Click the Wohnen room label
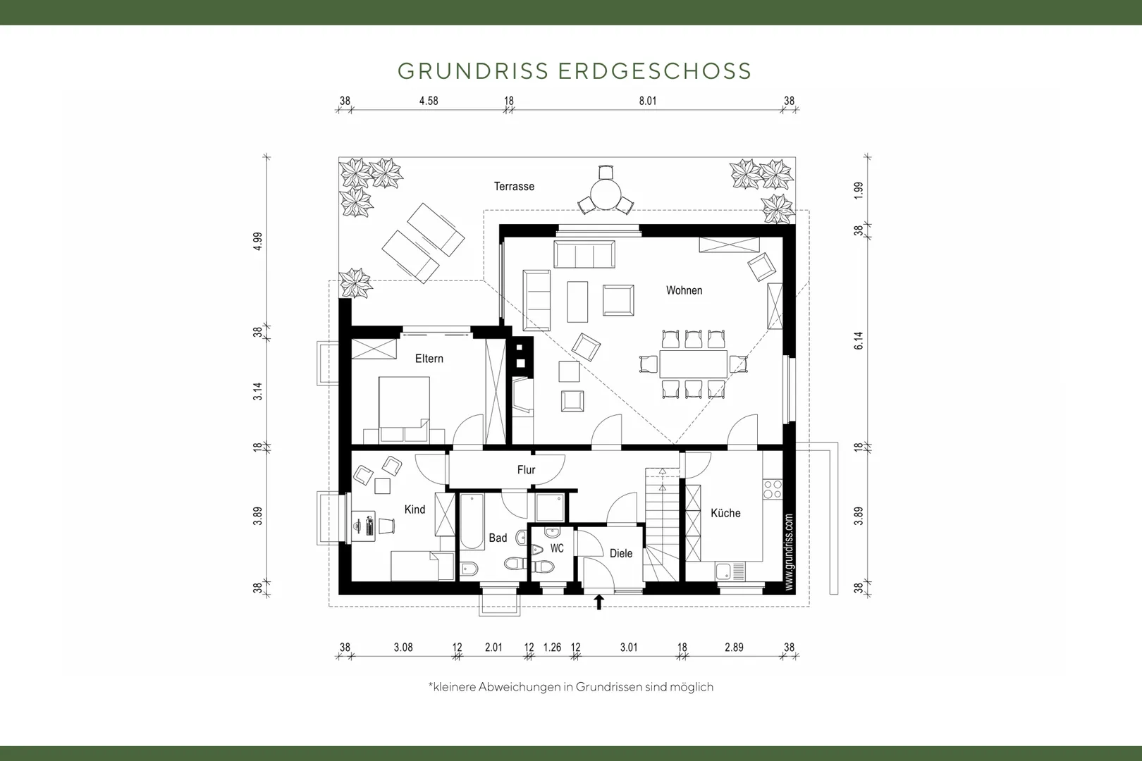684,290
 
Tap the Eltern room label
429,359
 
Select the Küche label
725,513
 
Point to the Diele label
621,554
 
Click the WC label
557,548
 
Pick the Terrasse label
514,187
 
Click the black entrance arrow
599,602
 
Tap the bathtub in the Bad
472,521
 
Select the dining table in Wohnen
694,364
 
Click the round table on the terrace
605,194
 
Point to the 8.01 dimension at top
647,101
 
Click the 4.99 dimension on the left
257,241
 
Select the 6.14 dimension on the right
859,340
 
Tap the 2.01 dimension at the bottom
493,648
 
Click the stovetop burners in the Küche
773,489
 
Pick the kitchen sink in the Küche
730,571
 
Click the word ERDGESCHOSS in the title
655,71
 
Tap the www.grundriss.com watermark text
790,552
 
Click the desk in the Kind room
364,526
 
